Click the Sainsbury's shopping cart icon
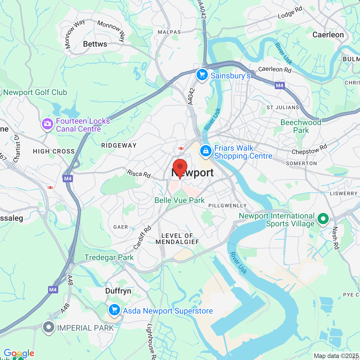tap(202, 75)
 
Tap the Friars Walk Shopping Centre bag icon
tap(206, 151)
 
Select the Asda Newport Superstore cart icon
tap(114, 310)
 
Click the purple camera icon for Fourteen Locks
tap(48, 124)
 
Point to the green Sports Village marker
tap(323, 219)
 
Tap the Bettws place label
tap(95, 44)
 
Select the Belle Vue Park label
tap(180, 200)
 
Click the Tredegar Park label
tap(109, 257)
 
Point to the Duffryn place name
tap(118, 291)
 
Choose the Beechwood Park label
tap(301, 126)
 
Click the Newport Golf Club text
tap(35, 92)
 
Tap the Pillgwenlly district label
tap(227, 206)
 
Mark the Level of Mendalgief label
tap(177, 239)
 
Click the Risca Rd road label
tap(139, 174)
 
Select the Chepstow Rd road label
tap(309, 149)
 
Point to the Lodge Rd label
tap(290, 13)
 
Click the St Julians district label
tap(283, 107)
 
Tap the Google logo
tap(19, 353)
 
